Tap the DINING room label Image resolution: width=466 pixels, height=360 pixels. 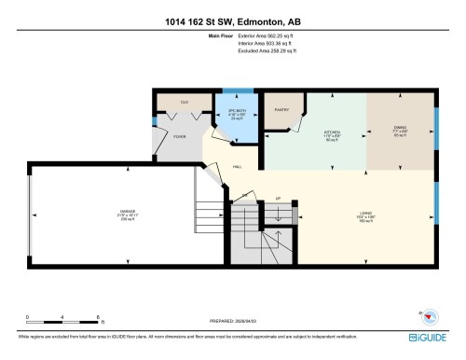(x=401, y=132)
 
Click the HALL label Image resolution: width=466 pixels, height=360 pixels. (x=239, y=167)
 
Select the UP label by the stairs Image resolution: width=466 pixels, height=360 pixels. (x=277, y=198)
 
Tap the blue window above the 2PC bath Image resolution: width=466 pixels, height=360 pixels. (x=239, y=90)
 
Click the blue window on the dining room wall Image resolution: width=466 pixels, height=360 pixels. (x=436, y=122)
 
